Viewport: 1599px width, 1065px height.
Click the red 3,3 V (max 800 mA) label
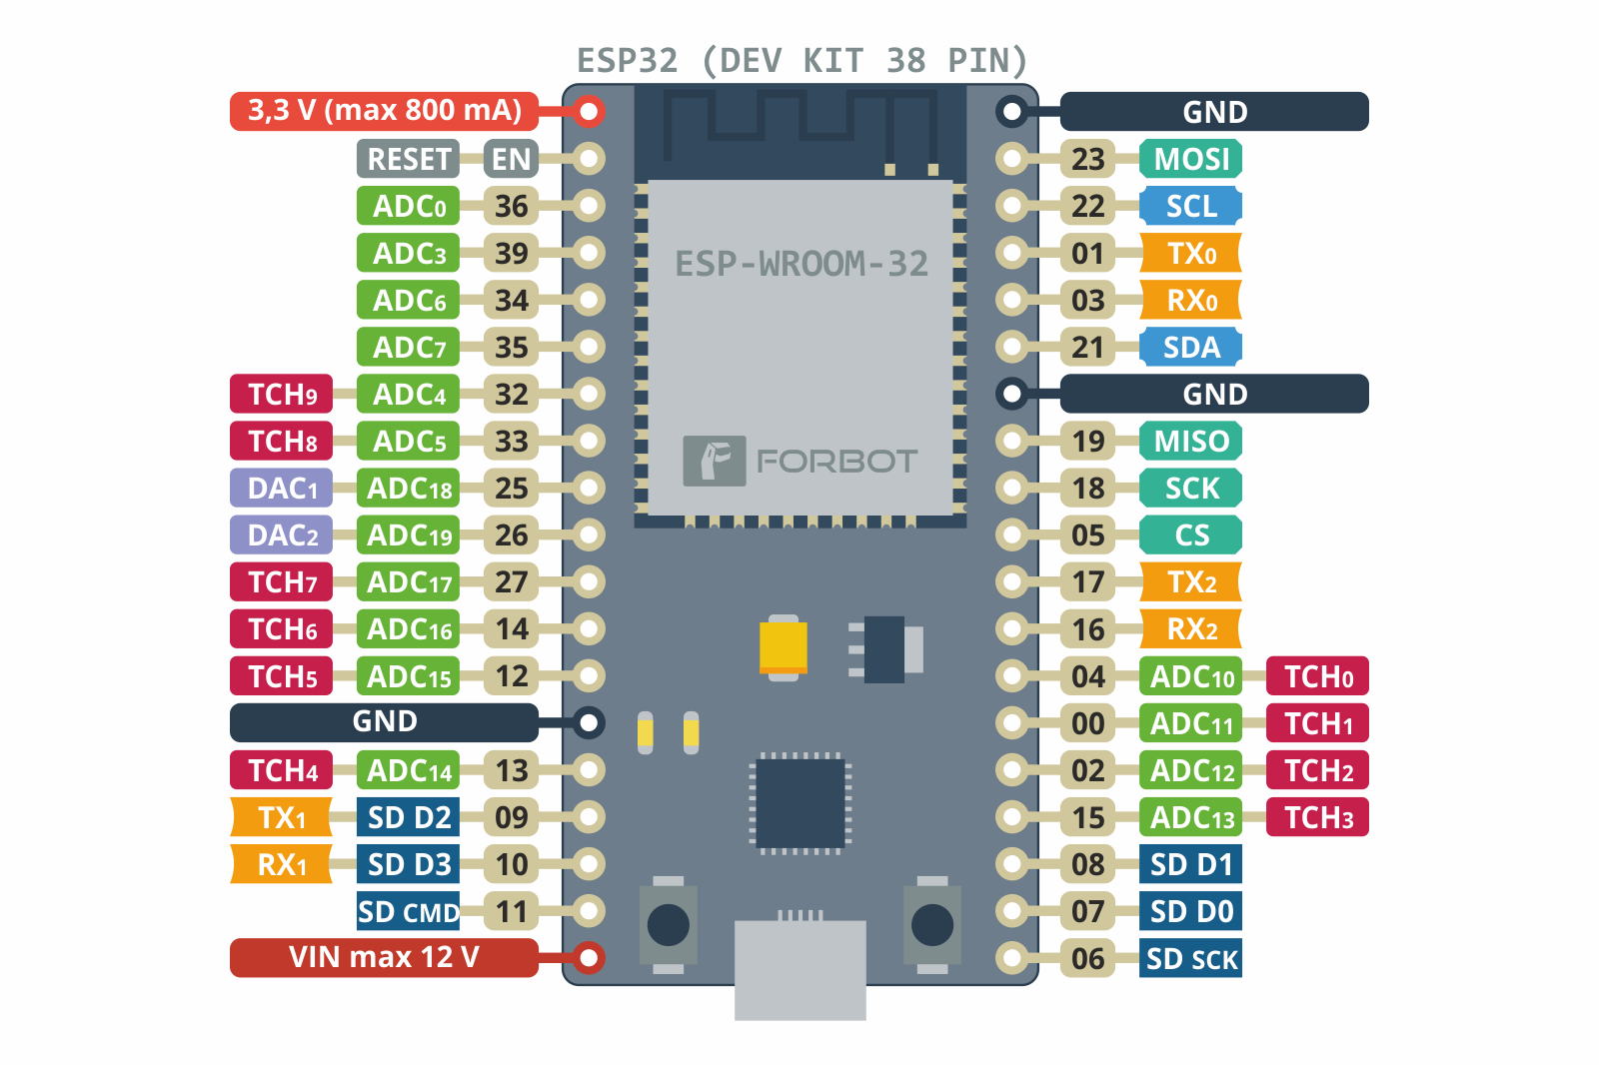(385, 111)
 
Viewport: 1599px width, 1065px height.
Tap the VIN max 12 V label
(385, 957)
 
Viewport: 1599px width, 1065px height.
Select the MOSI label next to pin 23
(1191, 159)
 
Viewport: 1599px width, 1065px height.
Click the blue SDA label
(1191, 347)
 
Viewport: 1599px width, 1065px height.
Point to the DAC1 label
(282, 489)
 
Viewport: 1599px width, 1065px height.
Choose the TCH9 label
(282, 395)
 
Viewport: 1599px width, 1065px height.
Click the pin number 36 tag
(511, 207)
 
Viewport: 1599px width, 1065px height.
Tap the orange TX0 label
(1191, 254)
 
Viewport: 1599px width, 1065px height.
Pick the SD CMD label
(409, 911)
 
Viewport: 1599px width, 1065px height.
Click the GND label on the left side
(385, 721)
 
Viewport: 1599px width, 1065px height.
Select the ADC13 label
(1191, 817)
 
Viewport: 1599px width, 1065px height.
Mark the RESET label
(409, 159)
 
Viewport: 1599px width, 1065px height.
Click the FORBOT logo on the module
(799, 461)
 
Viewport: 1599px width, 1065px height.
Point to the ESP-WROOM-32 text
(801, 264)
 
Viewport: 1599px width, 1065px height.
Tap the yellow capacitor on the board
(784, 647)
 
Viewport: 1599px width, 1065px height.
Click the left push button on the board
(668, 925)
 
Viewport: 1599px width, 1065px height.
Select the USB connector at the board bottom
(799, 967)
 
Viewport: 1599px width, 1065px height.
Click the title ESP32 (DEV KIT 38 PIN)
(801, 61)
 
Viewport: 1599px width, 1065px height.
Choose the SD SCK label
(1191, 959)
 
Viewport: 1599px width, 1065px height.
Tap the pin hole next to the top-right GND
(1012, 111)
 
